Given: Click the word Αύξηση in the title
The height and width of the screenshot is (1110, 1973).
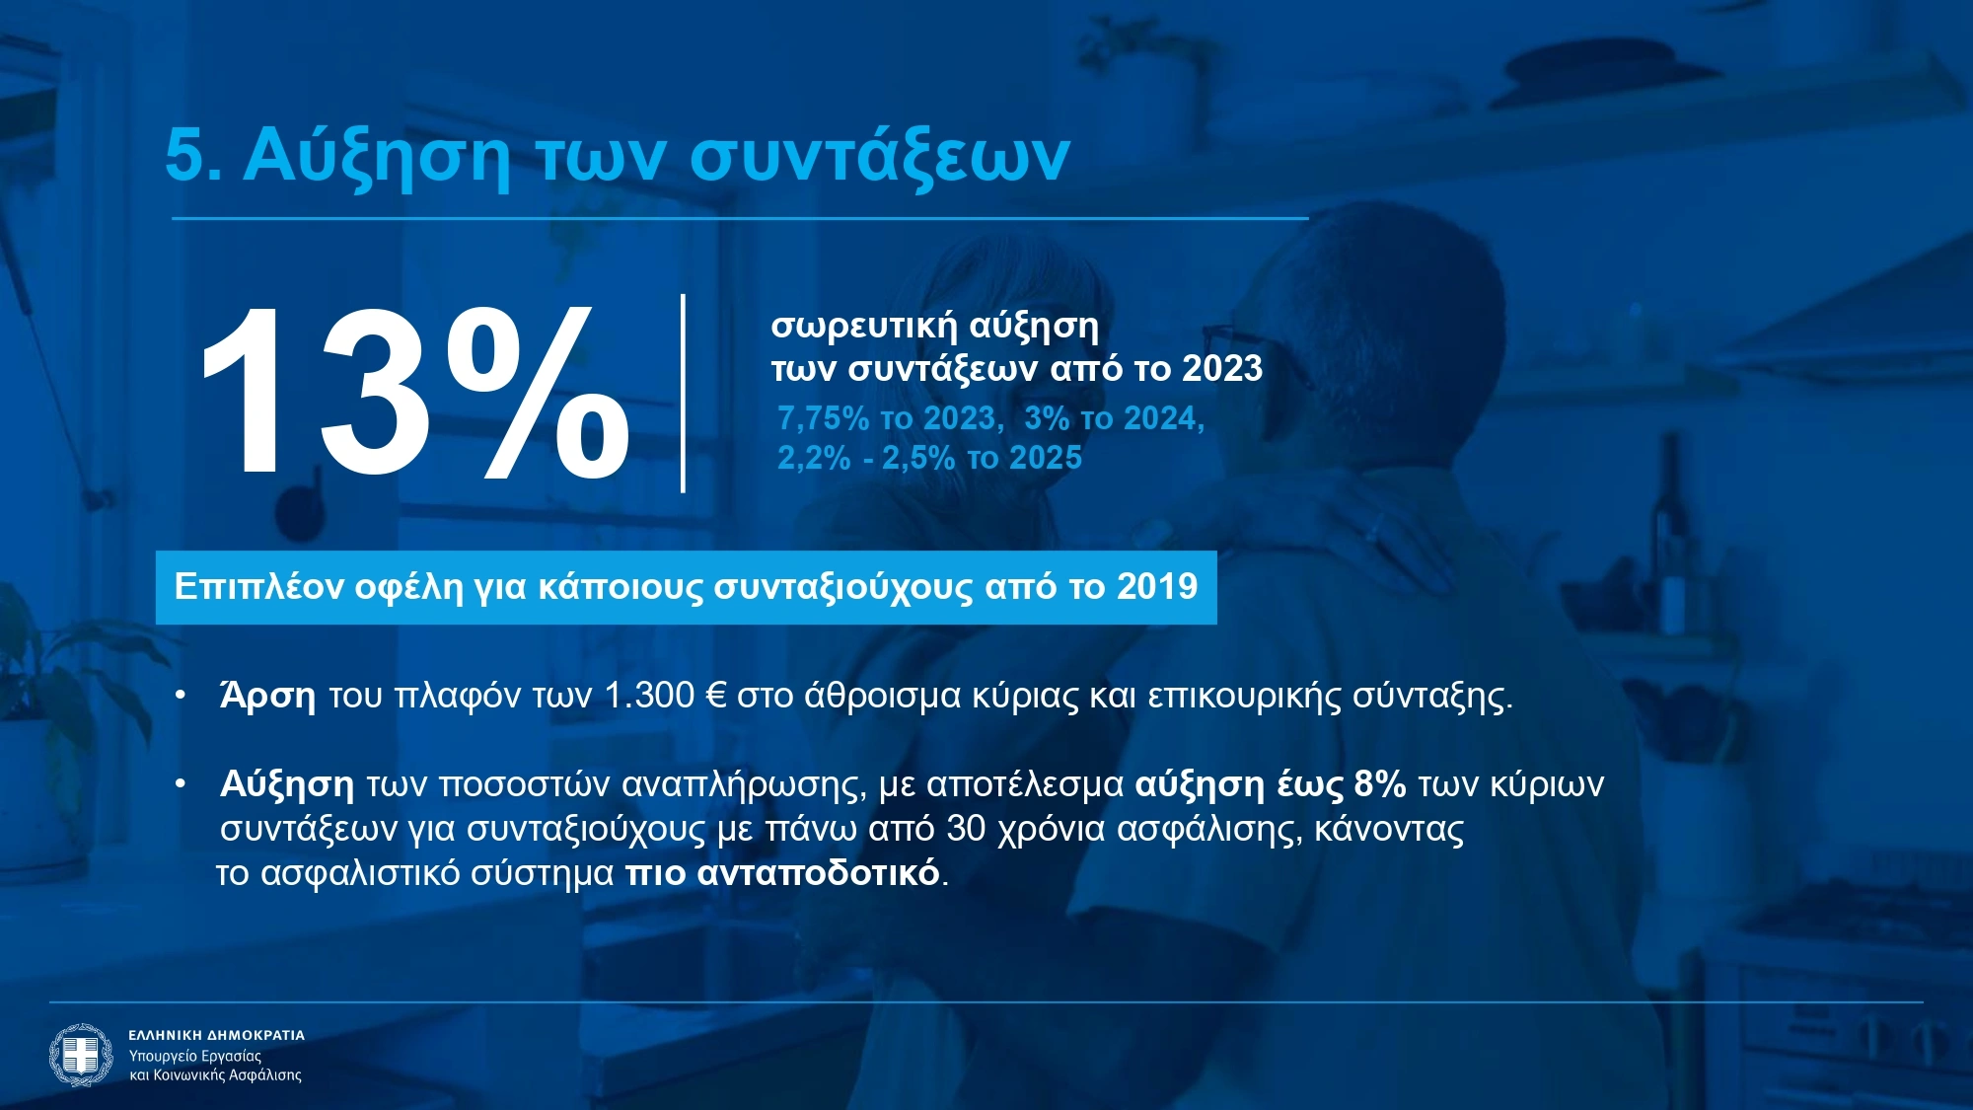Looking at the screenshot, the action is [x=377, y=155].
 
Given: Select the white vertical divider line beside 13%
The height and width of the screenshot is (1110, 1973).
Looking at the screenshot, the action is [x=683, y=393].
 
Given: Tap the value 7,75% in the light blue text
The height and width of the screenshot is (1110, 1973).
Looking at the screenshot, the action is [x=824, y=418].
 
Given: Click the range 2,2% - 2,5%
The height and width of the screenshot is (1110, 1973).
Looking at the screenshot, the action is [x=866, y=458].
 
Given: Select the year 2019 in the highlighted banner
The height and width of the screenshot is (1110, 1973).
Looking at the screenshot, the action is [x=1157, y=586].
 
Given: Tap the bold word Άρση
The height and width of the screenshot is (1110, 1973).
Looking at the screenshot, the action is [x=267, y=696].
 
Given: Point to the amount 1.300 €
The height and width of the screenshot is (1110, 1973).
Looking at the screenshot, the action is [x=665, y=696].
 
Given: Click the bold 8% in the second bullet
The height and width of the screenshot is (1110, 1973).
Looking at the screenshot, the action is [x=1380, y=784].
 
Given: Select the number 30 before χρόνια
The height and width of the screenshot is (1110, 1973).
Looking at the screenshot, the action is [x=966, y=829].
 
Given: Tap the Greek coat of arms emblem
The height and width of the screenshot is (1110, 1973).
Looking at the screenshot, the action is [x=81, y=1055].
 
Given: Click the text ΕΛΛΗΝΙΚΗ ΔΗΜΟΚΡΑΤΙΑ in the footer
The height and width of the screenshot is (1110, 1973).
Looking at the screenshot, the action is [x=217, y=1035].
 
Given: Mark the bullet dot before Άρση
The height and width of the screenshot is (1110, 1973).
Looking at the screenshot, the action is [x=181, y=695].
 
